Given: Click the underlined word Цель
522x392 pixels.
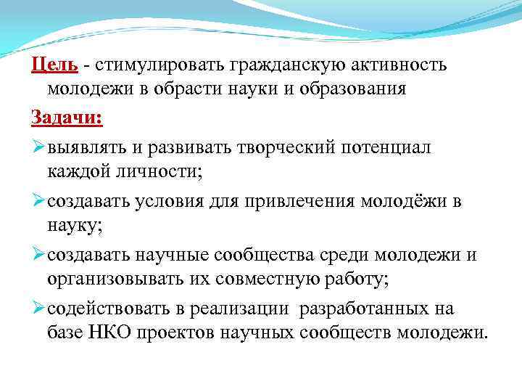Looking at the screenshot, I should coord(54,65).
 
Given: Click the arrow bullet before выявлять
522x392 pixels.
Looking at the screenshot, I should coord(38,147).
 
